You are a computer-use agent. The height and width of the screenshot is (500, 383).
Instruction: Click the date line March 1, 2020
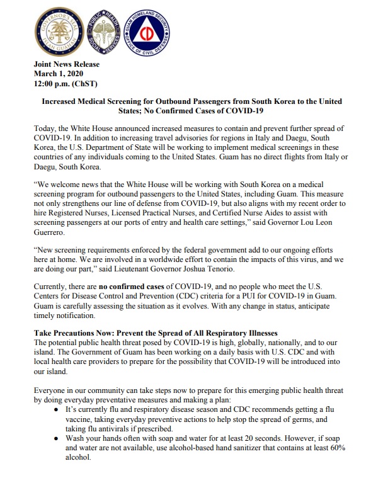[58, 74]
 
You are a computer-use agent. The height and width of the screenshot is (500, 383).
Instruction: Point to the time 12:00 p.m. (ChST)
[66, 83]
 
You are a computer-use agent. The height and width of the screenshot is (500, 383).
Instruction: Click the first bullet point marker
[57, 409]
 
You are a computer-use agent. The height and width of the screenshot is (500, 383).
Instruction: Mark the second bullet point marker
[57, 439]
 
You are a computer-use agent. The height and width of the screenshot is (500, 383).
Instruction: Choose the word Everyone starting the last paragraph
[52, 390]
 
